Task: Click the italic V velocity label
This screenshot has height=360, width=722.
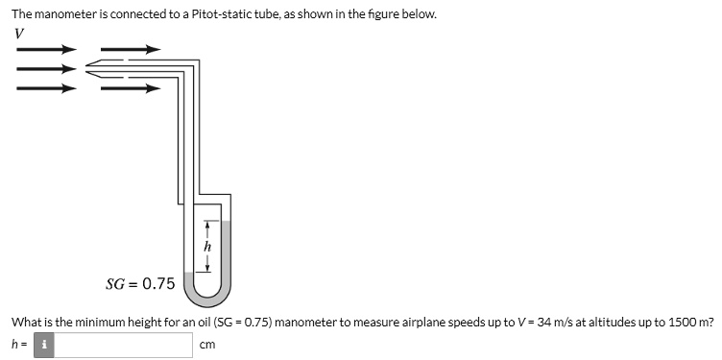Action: coord(20,34)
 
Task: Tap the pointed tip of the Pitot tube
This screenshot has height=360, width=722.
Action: coord(88,66)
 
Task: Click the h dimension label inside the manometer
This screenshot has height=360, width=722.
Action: coord(207,246)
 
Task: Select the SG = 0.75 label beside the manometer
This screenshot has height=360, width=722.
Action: coord(140,283)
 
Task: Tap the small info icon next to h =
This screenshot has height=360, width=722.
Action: coord(43,345)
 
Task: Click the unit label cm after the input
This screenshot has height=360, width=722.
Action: coord(206,345)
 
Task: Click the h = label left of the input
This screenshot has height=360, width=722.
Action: coord(18,345)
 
